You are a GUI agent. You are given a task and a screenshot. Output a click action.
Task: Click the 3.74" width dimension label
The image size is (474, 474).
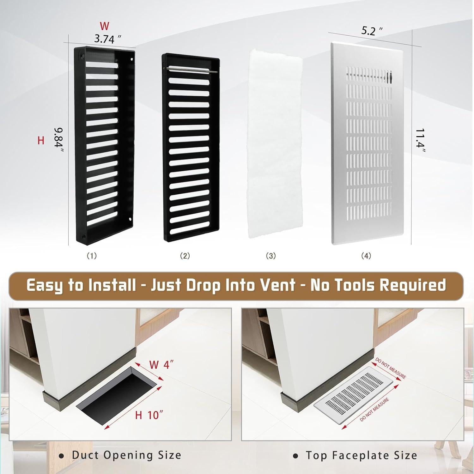[x=108, y=39]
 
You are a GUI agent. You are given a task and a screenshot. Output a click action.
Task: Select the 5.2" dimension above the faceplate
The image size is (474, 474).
[x=372, y=31]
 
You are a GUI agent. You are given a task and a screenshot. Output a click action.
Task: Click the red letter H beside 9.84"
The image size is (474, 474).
[x=41, y=141]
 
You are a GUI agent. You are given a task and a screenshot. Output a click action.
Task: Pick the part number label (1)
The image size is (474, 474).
[x=92, y=256]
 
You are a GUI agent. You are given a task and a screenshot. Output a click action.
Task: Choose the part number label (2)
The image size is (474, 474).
[x=185, y=256]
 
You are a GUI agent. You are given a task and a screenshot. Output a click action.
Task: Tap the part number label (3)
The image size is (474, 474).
[x=271, y=256]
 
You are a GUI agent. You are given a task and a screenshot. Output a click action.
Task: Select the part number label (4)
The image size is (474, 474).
[x=366, y=256]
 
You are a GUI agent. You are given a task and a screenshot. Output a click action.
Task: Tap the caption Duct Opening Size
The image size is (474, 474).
[x=126, y=455]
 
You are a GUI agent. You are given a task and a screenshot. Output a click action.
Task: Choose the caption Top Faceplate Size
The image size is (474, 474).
[x=361, y=455]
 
